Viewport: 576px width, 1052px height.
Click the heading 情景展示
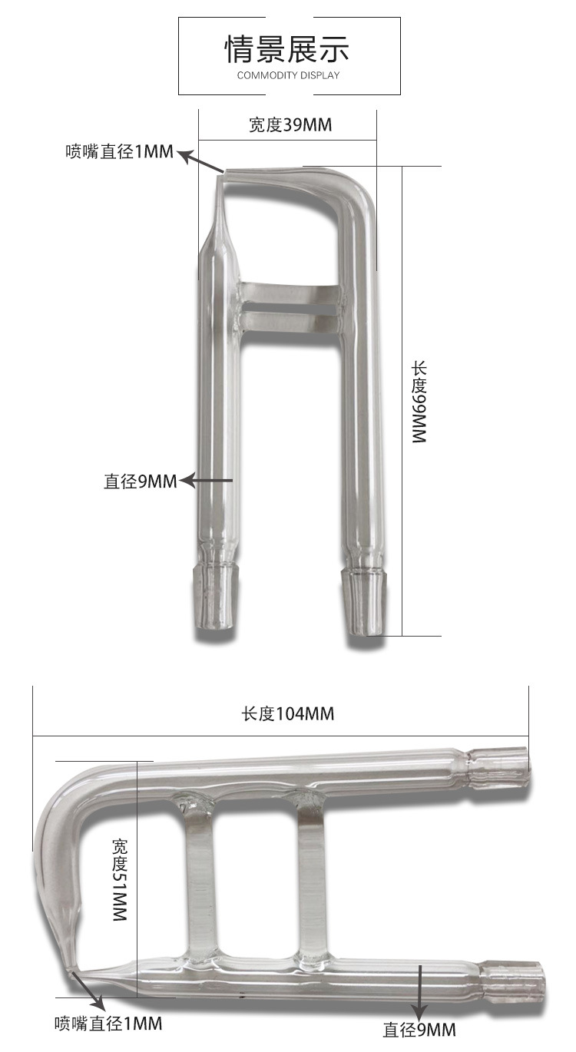pos(287,49)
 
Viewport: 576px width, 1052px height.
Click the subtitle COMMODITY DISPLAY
pos(288,75)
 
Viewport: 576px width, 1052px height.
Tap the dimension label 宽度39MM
pos(290,124)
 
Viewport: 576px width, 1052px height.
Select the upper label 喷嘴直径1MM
pos(119,151)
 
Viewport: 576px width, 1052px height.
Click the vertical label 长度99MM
pos(419,402)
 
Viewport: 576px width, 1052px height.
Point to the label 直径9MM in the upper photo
pos(140,481)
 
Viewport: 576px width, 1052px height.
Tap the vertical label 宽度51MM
pos(119,880)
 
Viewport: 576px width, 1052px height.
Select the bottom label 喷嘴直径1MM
pos(108,1023)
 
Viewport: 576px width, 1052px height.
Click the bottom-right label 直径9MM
pos(419,1030)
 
